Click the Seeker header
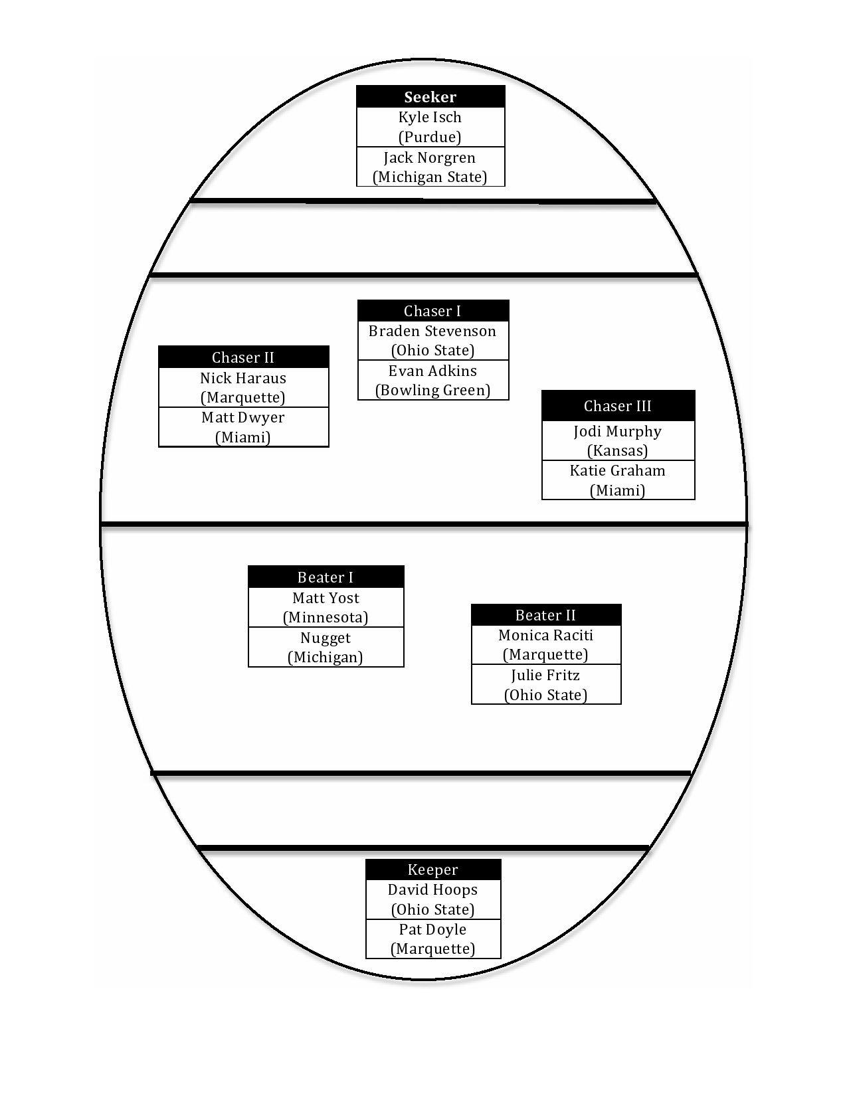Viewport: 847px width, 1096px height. (x=430, y=97)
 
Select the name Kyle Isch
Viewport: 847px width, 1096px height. (x=430, y=118)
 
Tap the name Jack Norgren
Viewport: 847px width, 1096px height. (x=429, y=158)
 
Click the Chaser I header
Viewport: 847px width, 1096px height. (x=432, y=311)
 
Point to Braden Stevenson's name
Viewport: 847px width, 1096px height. (x=432, y=331)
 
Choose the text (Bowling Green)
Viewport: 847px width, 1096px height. (x=433, y=391)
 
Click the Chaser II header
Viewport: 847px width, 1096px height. (x=242, y=357)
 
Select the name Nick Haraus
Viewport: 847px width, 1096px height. (x=243, y=378)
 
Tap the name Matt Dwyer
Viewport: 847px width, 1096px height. (x=242, y=418)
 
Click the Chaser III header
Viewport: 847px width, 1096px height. (x=617, y=406)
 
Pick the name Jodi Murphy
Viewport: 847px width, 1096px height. (x=617, y=432)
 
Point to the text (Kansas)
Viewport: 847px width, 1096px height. (x=617, y=450)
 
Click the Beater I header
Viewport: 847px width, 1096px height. (x=326, y=577)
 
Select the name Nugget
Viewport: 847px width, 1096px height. (x=326, y=638)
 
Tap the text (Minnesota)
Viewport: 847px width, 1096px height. (x=326, y=617)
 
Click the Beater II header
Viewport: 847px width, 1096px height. (x=545, y=615)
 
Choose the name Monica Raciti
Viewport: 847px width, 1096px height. (x=546, y=636)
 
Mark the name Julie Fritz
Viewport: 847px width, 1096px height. (x=545, y=676)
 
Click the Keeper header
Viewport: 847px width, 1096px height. (x=433, y=869)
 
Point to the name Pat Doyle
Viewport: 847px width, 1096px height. (x=433, y=929)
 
